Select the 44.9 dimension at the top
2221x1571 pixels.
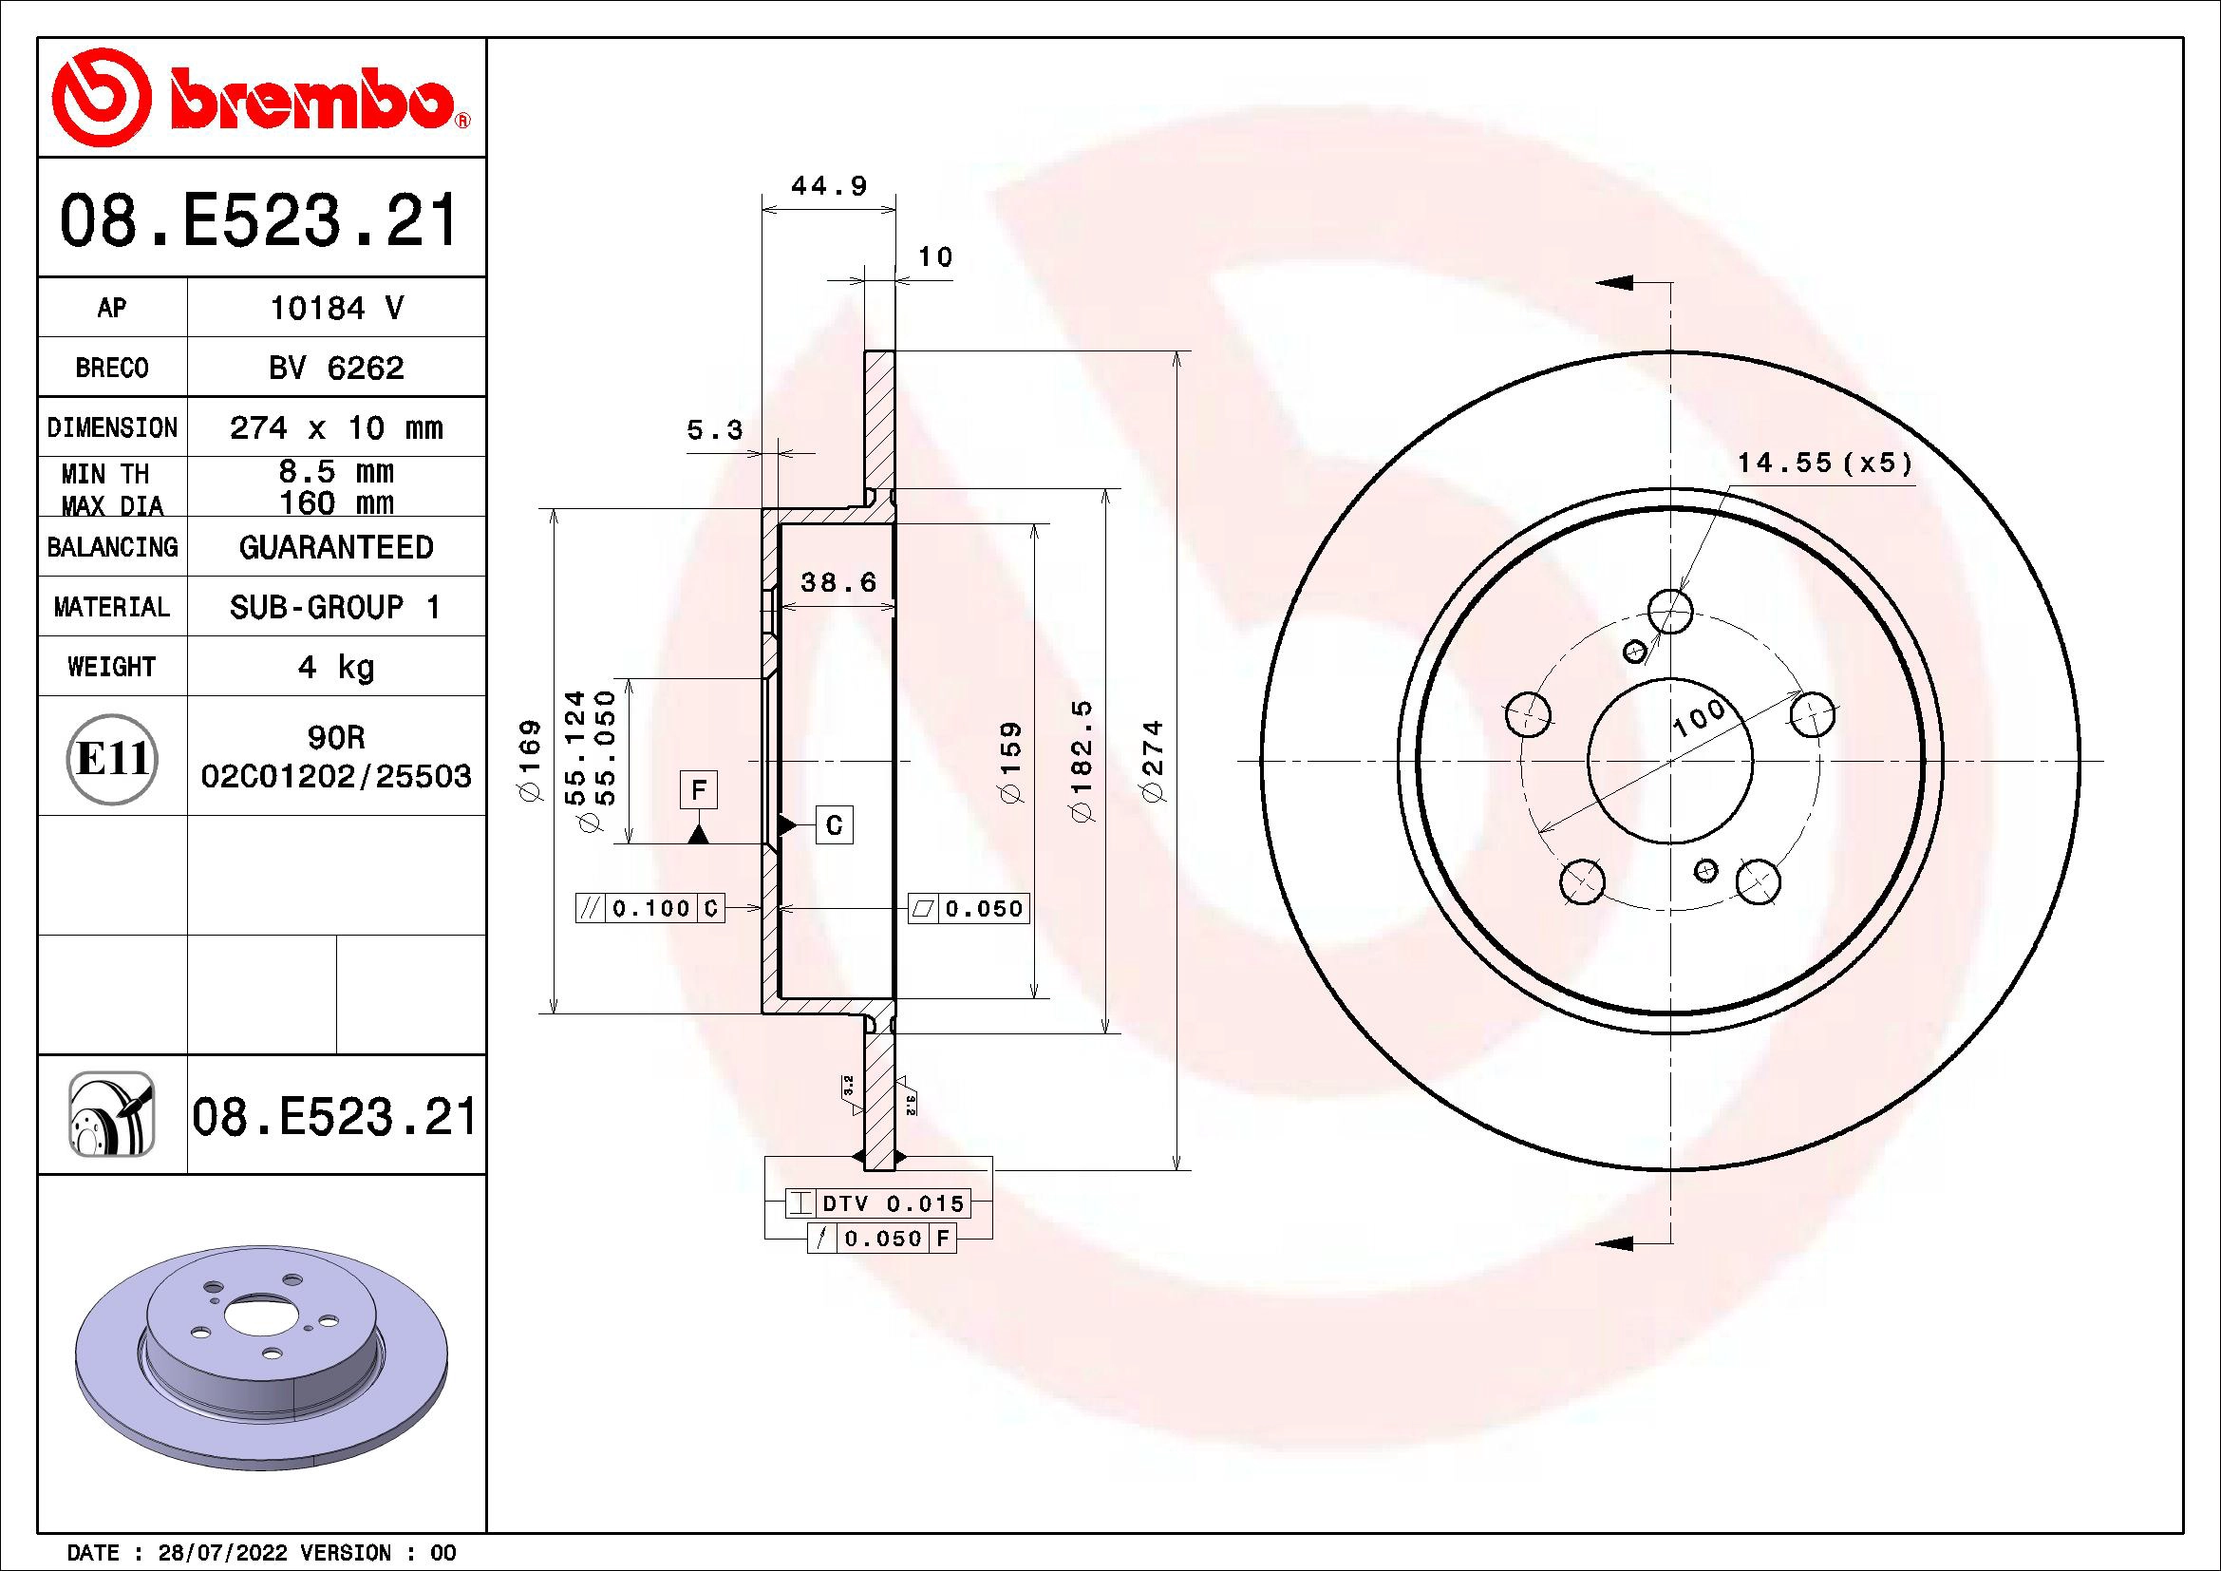click(829, 186)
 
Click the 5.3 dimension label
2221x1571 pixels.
click(715, 429)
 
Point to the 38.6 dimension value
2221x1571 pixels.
click(838, 582)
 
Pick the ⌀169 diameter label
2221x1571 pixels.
click(530, 761)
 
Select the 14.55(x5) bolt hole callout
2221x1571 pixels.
click(1824, 464)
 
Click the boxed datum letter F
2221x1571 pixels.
click(699, 790)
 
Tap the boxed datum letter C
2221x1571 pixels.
click(834, 825)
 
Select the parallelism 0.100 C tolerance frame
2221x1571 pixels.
click(650, 908)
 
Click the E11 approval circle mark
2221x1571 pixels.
click(112, 758)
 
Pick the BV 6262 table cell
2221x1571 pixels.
click(335, 368)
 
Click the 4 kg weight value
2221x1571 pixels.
click(335, 667)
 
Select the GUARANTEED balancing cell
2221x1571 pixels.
click(335, 547)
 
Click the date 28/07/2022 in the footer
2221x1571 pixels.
click(221, 1553)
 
